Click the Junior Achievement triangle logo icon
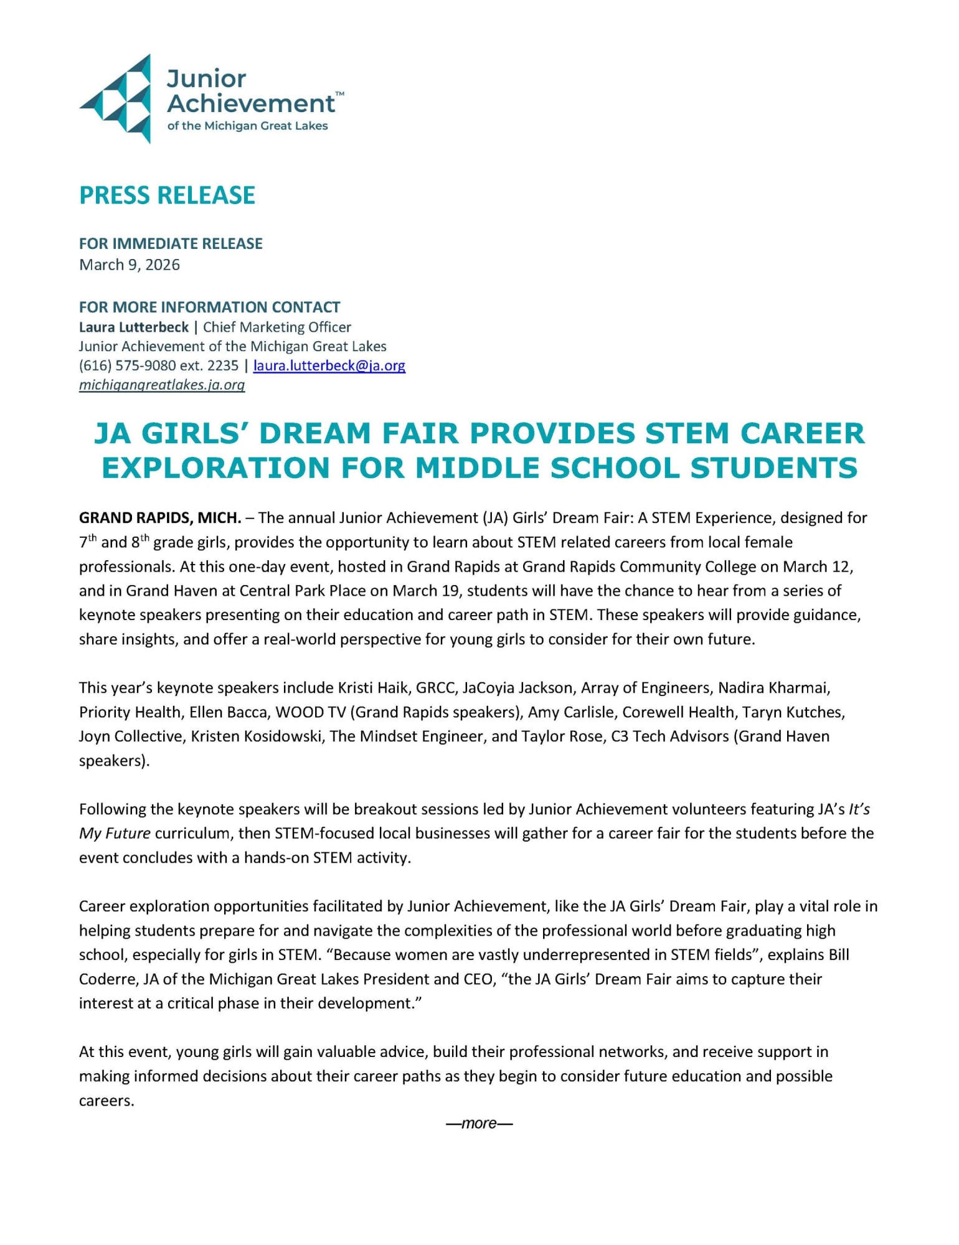(x=117, y=98)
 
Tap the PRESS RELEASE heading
(x=167, y=195)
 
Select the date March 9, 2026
(x=130, y=265)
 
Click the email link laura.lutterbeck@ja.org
(x=329, y=366)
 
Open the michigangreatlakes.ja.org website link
(x=162, y=385)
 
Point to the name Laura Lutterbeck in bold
(x=133, y=327)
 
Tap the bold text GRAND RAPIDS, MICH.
(x=160, y=518)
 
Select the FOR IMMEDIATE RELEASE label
(x=171, y=244)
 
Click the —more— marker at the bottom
(x=479, y=1124)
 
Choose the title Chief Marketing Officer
(x=277, y=327)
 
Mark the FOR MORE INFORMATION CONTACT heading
(x=209, y=308)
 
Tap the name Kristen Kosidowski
(x=256, y=736)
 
